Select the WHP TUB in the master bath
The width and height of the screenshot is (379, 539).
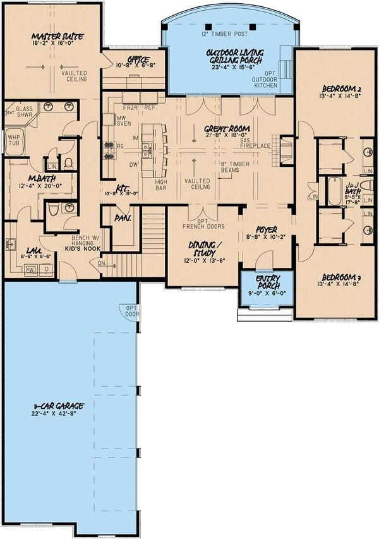(x=14, y=138)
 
